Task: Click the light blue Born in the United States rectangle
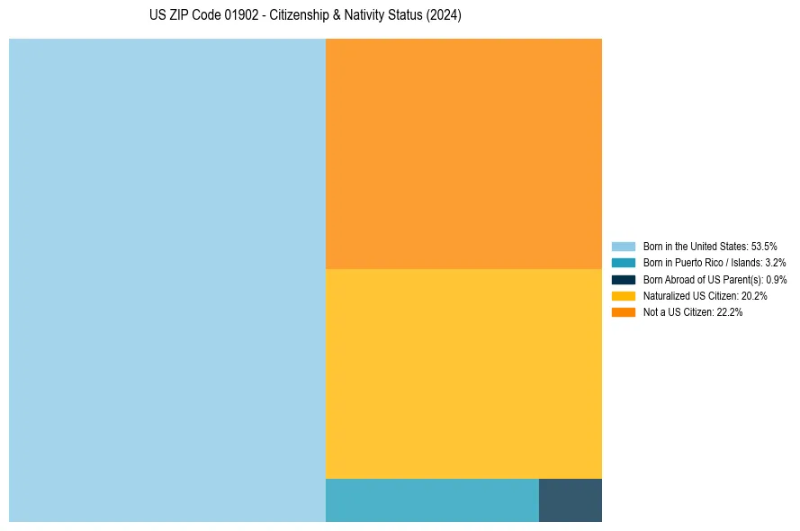[x=166, y=280]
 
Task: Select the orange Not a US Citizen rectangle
[x=463, y=153]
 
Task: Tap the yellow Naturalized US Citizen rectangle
[x=463, y=373]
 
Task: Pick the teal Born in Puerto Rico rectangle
[x=432, y=500]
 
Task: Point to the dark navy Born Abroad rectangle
[x=571, y=500]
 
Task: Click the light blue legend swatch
[x=624, y=247]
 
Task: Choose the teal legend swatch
[x=624, y=263]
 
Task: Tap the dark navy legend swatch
[x=624, y=280]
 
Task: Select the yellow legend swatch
[x=624, y=296]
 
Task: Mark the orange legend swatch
[x=624, y=312]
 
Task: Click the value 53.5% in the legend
[x=764, y=247]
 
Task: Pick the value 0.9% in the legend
[x=776, y=280]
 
